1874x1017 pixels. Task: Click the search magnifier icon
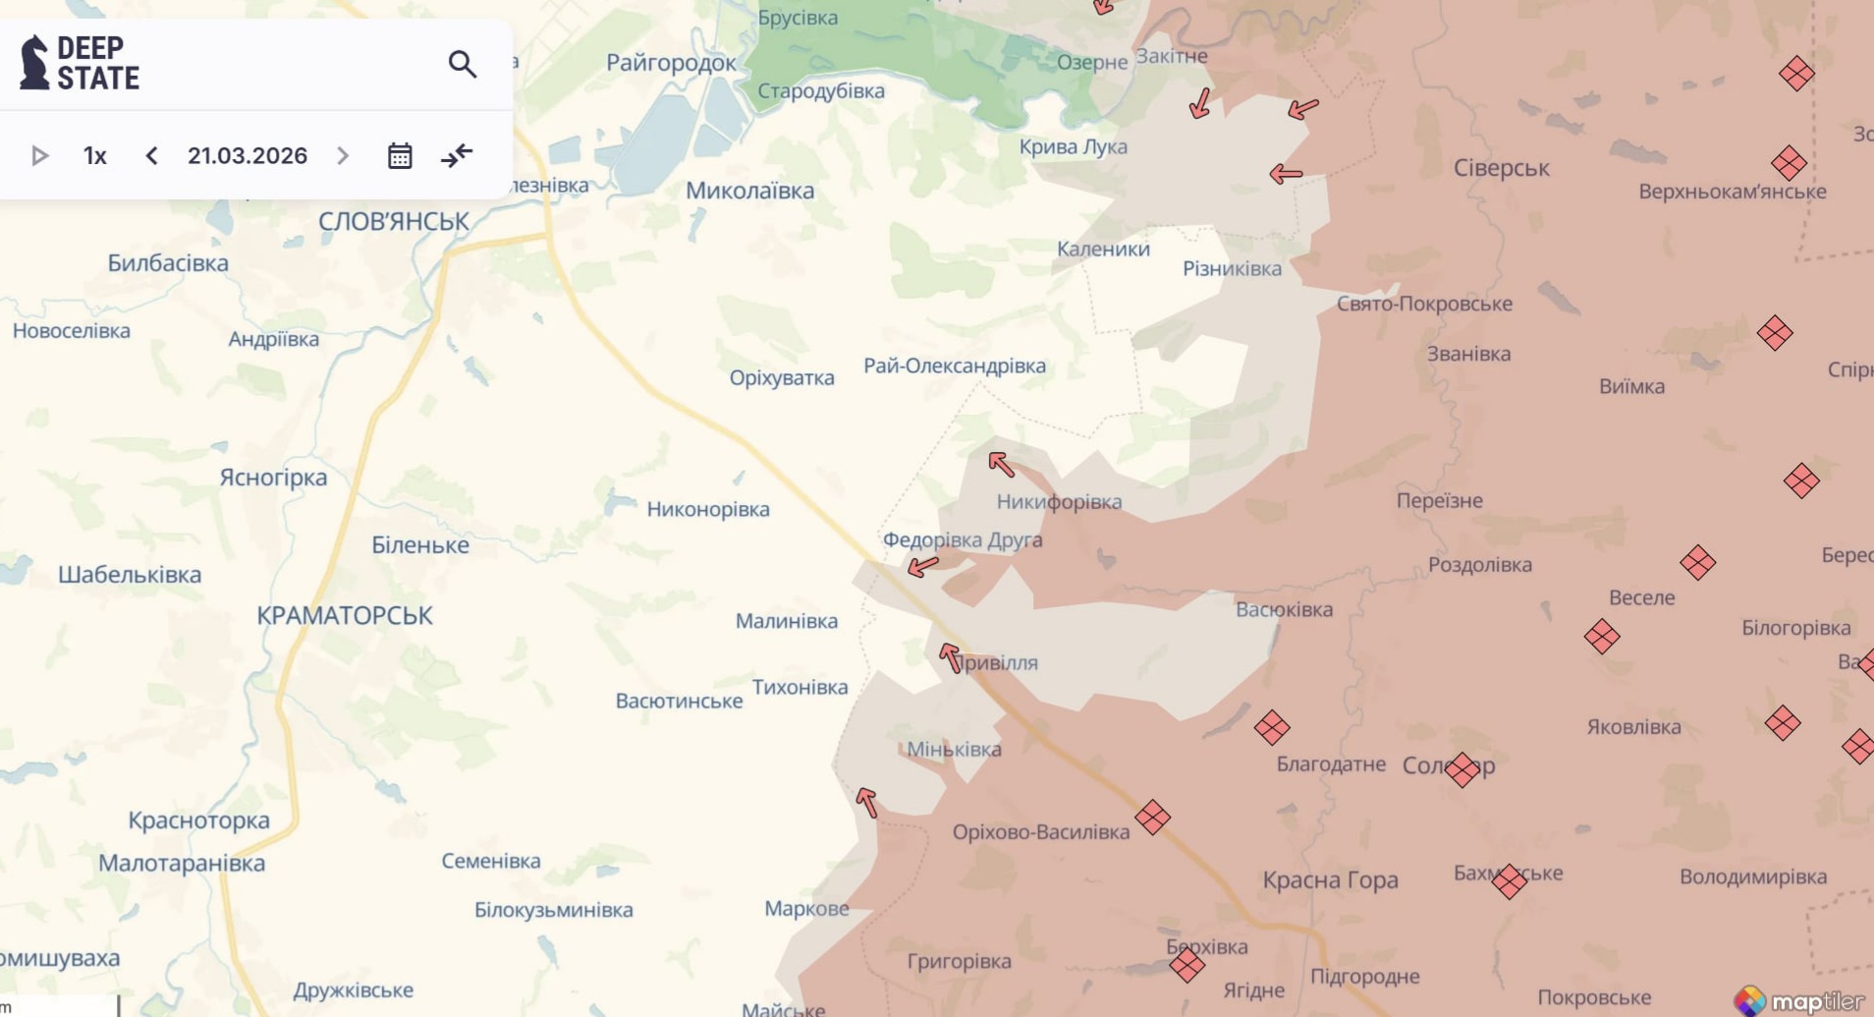tap(462, 64)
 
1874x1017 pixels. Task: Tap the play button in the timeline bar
tap(40, 155)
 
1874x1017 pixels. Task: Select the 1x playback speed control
tap(95, 155)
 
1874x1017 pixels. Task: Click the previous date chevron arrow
tap(151, 155)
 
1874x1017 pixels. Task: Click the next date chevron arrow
tap(343, 155)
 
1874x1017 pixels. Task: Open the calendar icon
tap(399, 155)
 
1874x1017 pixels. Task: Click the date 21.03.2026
tap(248, 155)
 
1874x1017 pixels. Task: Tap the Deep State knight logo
tap(34, 63)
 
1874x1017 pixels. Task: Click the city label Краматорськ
tap(344, 615)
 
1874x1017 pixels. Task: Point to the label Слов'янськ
tap(393, 221)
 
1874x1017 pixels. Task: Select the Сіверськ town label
tap(1501, 168)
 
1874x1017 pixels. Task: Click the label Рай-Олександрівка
tap(954, 366)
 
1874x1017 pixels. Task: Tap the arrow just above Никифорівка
tap(1001, 464)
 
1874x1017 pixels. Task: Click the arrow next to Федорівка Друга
tap(922, 566)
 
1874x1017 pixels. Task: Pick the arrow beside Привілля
tap(950, 657)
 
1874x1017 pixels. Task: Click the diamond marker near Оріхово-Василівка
tap(1152, 817)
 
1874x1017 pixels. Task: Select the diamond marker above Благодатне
tap(1271, 728)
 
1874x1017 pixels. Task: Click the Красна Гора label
tap(1330, 879)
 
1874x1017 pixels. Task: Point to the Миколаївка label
tap(749, 191)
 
